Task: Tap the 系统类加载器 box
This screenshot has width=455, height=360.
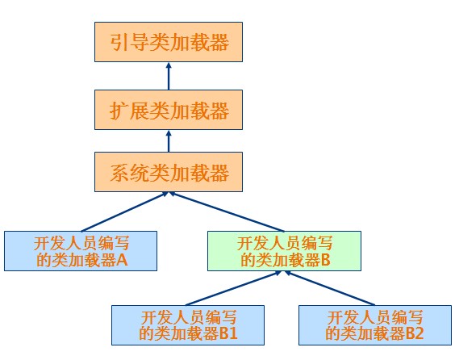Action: point(169,172)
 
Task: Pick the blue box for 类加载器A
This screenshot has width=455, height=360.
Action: point(81,250)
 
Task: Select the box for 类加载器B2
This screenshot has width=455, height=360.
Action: point(374,324)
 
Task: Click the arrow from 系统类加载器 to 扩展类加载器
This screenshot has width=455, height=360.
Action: point(169,140)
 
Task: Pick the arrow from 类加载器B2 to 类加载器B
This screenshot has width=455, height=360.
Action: point(332,288)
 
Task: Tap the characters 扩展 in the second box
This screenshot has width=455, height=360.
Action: point(124,109)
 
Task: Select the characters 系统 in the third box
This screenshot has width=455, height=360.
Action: point(124,173)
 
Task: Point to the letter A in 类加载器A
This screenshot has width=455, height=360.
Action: point(123,260)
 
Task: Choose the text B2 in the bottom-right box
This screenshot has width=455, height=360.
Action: point(415,333)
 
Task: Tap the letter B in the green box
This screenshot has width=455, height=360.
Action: point(326,260)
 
